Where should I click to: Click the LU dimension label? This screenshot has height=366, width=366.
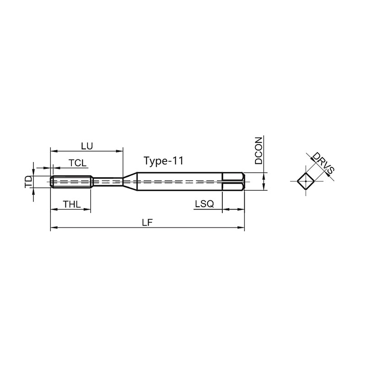click(x=87, y=146)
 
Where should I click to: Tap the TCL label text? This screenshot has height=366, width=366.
click(x=77, y=163)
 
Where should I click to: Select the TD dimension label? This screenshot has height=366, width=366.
click(x=29, y=182)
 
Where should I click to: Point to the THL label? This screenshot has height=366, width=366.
click(x=72, y=205)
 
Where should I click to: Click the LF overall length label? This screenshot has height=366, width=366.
click(x=147, y=222)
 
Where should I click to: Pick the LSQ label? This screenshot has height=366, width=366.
click(x=205, y=204)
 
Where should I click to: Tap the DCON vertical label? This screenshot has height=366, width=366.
click(x=258, y=151)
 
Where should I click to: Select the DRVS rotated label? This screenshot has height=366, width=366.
click(x=323, y=163)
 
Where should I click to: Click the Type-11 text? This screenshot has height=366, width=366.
click(x=164, y=161)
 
